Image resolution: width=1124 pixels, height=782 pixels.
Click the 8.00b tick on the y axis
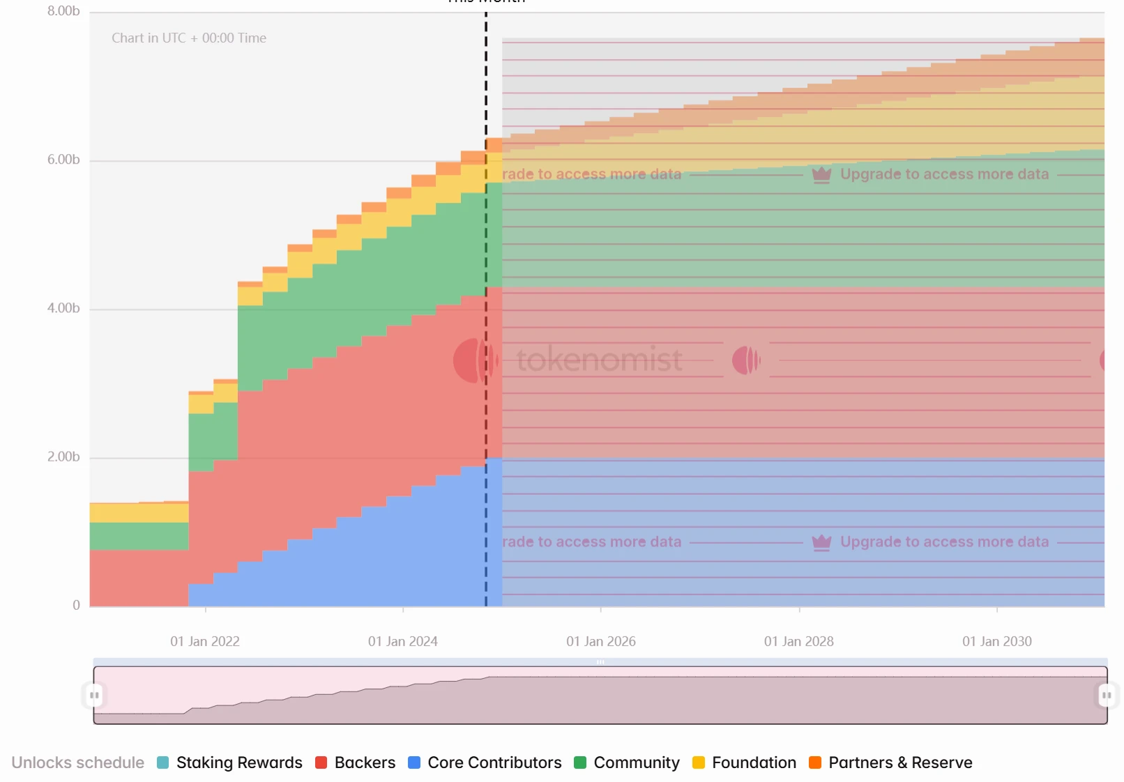tap(63, 11)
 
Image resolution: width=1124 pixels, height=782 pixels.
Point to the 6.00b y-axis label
tap(63, 160)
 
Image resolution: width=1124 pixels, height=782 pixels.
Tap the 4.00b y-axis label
tap(63, 308)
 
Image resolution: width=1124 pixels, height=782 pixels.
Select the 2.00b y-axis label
tap(63, 457)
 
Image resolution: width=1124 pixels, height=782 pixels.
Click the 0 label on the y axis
tap(76, 605)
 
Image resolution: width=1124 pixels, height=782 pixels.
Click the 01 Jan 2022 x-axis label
tap(205, 641)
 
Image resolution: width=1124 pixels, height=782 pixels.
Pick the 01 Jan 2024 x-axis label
tap(403, 641)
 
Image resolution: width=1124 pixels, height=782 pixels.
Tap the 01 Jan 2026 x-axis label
tap(601, 641)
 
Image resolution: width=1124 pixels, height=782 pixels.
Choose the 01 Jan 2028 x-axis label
tap(799, 641)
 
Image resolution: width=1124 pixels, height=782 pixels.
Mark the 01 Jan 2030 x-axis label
tap(997, 641)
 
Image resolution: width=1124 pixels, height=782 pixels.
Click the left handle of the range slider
tap(94, 695)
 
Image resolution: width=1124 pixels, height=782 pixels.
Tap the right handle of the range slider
tap(1107, 695)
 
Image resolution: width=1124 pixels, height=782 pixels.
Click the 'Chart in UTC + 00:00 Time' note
tap(189, 38)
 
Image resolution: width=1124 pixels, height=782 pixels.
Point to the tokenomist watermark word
tap(599, 360)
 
